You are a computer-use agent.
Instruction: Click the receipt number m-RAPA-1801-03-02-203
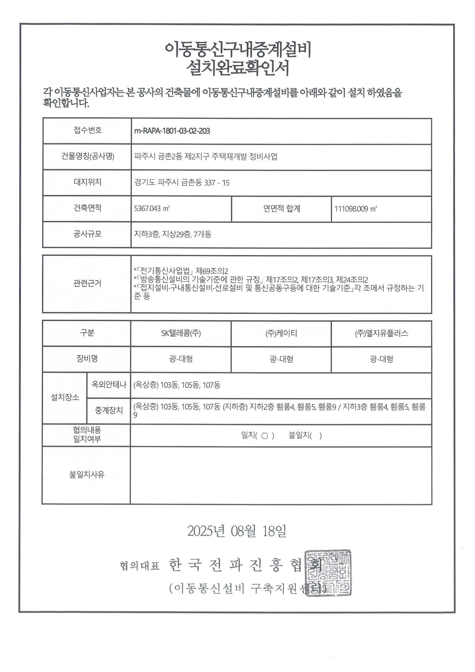[172, 131]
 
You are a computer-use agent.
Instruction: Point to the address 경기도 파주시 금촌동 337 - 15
[181, 183]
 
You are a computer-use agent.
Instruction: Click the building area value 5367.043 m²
[152, 208]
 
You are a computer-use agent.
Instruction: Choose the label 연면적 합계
[281, 208]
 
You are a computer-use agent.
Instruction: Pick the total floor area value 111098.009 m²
[355, 209]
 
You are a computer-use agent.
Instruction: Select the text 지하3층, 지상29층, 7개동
[173, 234]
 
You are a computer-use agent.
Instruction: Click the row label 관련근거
[87, 283]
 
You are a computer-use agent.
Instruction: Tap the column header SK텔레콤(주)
[181, 333]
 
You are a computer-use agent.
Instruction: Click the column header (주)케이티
[281, 333]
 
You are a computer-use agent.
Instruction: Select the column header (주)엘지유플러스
[381, 333]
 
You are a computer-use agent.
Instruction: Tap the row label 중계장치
[109, 410]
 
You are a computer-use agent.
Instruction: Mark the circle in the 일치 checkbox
[264, 436]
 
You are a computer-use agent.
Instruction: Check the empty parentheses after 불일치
[316, 436]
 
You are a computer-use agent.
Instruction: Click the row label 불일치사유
[87, 474]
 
